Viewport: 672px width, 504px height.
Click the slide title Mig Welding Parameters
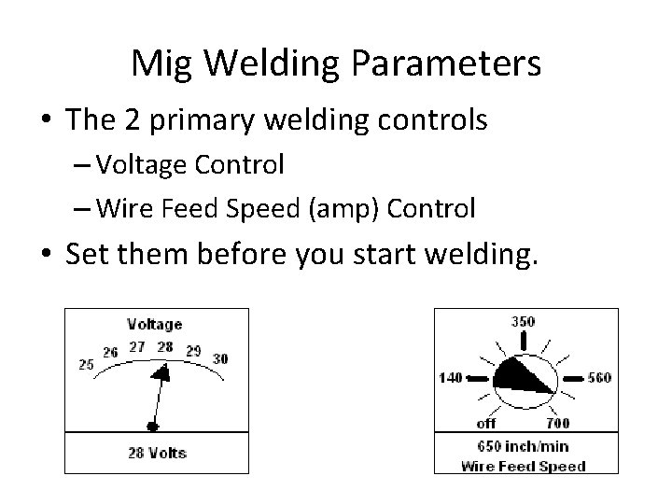click(335, 63)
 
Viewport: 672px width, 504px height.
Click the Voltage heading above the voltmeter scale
click(154, 325)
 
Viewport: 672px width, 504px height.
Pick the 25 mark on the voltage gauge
click(86, 365)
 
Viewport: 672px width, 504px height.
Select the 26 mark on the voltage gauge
click(110, 353)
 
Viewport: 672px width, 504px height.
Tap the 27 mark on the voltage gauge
click(137, 346)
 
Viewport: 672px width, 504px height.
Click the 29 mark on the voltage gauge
click(193, 351)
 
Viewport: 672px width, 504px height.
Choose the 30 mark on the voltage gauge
click(221, 358)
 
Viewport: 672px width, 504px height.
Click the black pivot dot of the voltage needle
click(153, 427)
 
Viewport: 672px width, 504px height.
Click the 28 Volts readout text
click(156, 454)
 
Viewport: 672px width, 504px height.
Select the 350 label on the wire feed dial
click(522, 322)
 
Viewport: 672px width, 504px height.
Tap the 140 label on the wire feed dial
click(452, 378)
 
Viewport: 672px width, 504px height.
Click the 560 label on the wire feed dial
click(598, 378)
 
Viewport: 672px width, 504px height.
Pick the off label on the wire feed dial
click(486, 424)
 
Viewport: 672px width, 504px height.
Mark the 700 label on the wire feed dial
click(558, 424)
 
